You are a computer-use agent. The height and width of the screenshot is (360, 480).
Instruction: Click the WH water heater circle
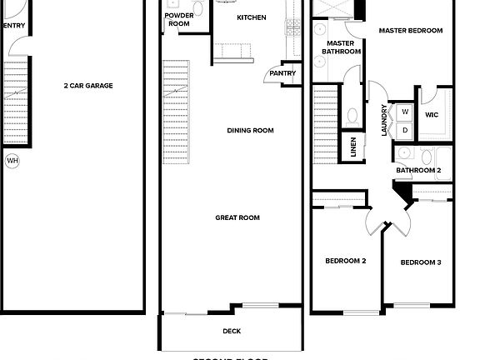pyautogui.click(x=12, y=160)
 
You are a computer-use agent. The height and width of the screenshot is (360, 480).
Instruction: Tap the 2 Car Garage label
pyautogui.click(x=88, y=86)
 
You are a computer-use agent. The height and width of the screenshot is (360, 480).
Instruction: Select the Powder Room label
pyautogui.click(x=179, y=20)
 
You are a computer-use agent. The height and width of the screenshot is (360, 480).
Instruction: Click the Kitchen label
pyautogui.click(x=251, y=17)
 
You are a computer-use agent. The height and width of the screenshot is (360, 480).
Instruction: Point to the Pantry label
pyautogui.click(x=282, y=73)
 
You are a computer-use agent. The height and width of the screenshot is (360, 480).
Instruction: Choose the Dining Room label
pyautogui.click(x=250, y=130)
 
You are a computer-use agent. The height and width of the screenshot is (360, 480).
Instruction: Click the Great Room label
pyautogui.click(x=237, y=217)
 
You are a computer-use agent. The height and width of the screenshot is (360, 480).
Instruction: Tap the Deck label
pyautogui.click(x=232, y=331)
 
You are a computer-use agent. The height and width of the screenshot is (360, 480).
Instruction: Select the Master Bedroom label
pyautogui.click(x=410, y=31)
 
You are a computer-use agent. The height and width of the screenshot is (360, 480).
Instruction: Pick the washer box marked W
pyautogui.click(x=405, y=112)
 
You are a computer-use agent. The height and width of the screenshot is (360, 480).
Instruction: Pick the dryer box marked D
pyautogui.click(x=405, y=129)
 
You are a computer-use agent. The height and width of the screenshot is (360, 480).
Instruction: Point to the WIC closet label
pyautogui.click(x=432, y=115)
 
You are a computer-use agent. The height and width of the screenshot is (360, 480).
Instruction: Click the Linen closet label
pyautogui.click(x=352, y=147)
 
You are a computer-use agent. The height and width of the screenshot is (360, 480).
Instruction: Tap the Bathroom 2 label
pyautogui.click(x=417, y=170)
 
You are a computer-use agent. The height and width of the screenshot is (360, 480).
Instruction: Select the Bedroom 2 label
pyautogui.click(x=345, y=261)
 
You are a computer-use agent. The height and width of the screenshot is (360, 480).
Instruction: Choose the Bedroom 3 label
pyautogui.click(x=420, y=262)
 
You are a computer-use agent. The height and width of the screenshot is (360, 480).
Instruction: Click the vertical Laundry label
pyautogui.click(x=384, y=120)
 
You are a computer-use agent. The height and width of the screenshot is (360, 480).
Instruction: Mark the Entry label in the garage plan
pyautogui.click(x=14, y=26)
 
